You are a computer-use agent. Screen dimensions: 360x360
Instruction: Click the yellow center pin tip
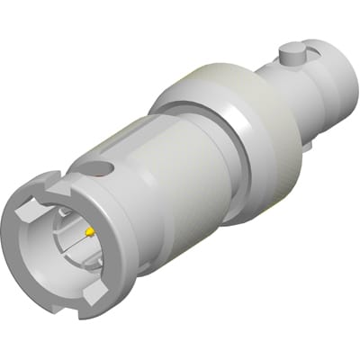[90, 231]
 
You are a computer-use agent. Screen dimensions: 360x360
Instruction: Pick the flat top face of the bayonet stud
[290, 50]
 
